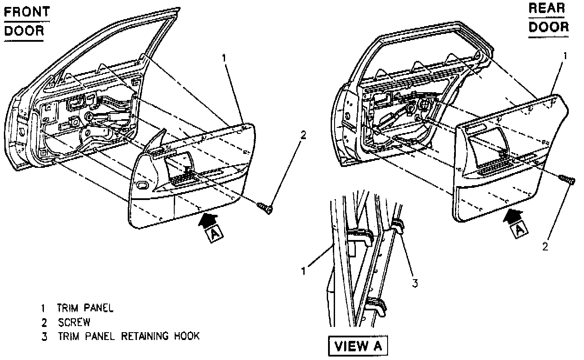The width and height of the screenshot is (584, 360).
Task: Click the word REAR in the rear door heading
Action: pyautogui.click(x=547, y=8)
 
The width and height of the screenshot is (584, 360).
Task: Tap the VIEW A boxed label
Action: pyautogui.click(x=356, y=346)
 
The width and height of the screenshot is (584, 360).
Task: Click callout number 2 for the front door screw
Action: pyautogui.click(x=303, y=135)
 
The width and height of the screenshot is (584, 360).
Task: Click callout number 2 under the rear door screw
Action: pyautogui.click(x=545, y=246)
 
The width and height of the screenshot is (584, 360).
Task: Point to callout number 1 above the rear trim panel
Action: pyautogui.click(x=565, y=56)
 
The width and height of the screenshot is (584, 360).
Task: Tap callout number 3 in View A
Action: pyautogui.click(x=415, y=283)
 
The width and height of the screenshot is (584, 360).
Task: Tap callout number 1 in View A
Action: pyautogui.click(x=305, y=270)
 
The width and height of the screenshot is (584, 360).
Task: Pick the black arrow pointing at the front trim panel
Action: pyautogui.click(x=207, y=219)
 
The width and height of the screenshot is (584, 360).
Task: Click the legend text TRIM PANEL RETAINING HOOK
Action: pyautogui.click(x=128, y=336)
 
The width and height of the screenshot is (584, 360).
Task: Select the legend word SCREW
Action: pyautogui.click(x=74, y=323)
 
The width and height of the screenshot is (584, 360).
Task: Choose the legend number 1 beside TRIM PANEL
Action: pyautogui.click(x=43, y=309)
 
